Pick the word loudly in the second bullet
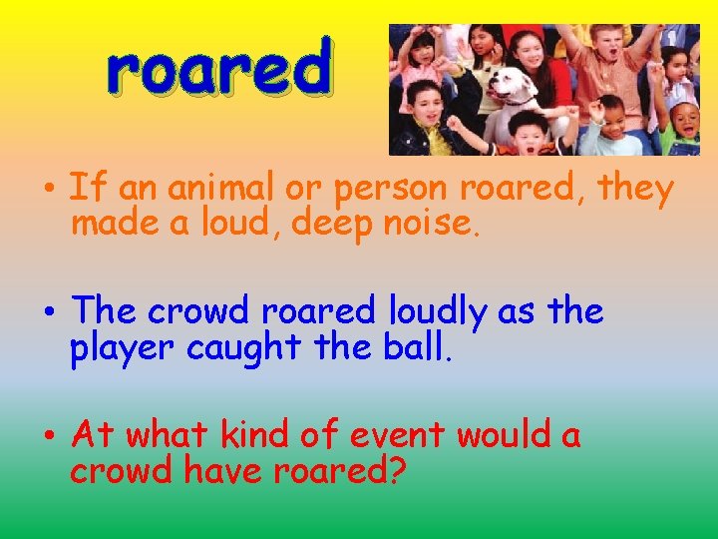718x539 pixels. coord(438,312)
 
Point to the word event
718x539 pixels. coord(399,436)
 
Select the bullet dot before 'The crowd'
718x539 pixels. coord(48,313)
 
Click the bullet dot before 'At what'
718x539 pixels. coord(48,437)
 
